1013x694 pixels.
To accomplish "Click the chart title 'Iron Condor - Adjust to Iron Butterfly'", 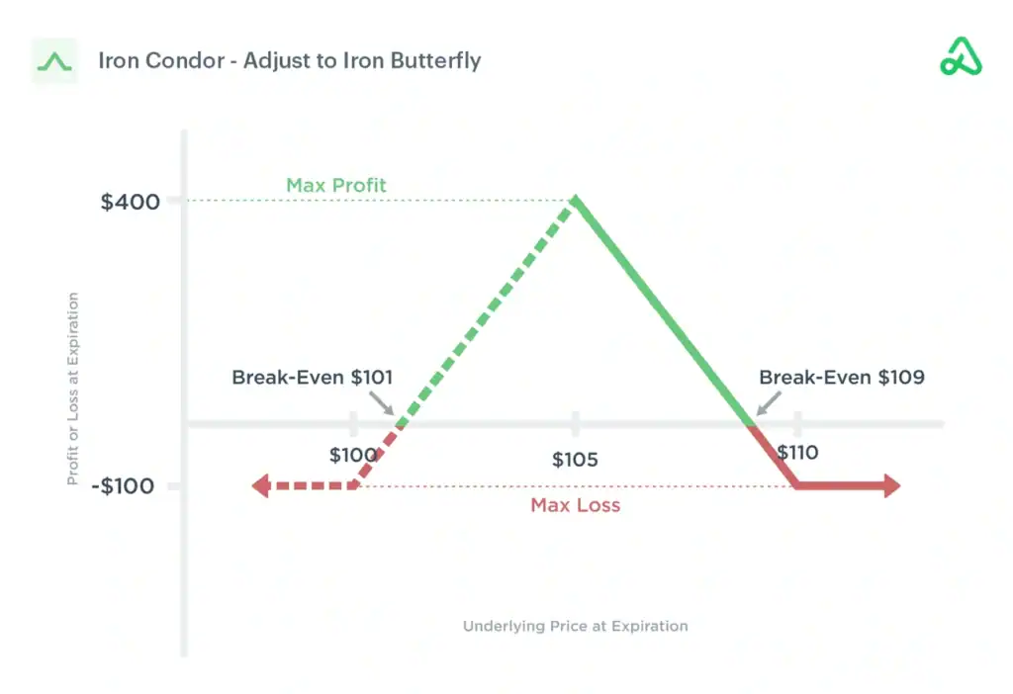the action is pyautogui.click(x=290, y=60).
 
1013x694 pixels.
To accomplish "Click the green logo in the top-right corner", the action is pyautogui.click(x=961, y=56).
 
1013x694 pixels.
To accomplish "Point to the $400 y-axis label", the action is pyautogui.click(x=130, y=202).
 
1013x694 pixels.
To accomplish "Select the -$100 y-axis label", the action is pyautogui.click(x=123, y=486).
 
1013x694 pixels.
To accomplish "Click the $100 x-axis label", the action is pyautogui.click(x=353, y=455).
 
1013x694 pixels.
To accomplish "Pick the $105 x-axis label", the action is pyautogui.click(x=575, y=460).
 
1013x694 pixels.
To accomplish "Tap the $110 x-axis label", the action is pyautogui.click(x=798, y=453).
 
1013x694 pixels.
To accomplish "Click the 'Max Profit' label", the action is pyautogui.click(x=336, y=185).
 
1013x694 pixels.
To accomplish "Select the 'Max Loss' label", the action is pyautogui.click(x=576, y=505).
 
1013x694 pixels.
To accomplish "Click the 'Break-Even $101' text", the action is pyautogui.click(x=312, y=377).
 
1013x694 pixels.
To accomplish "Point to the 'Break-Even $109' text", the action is pyautogui.click(x=842, y=377).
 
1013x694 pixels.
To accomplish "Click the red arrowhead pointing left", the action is pyautogui.click(x=260, y=485).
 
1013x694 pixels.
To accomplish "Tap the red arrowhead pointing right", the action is pyautogui.click(x=892, y=485).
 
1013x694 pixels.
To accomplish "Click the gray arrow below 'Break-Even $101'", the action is pyautogui.click(x=382, y=402).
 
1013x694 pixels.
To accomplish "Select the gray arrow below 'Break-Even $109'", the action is pyautogui.click(x=769, y=403).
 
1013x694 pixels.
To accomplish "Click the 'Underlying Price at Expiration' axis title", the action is pyautogui.click(x=576, y=626).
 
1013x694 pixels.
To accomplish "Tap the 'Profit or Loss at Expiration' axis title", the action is pyautogui.click(x=73, y=389).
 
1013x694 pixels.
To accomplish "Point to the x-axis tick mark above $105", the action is pyautogui.click(x=575, y=423).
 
